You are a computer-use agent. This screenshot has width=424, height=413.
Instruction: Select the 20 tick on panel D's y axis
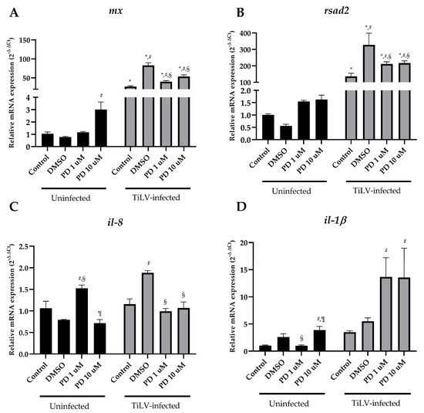pos(247,243)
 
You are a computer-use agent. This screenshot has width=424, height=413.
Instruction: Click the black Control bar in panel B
pos(268,127)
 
